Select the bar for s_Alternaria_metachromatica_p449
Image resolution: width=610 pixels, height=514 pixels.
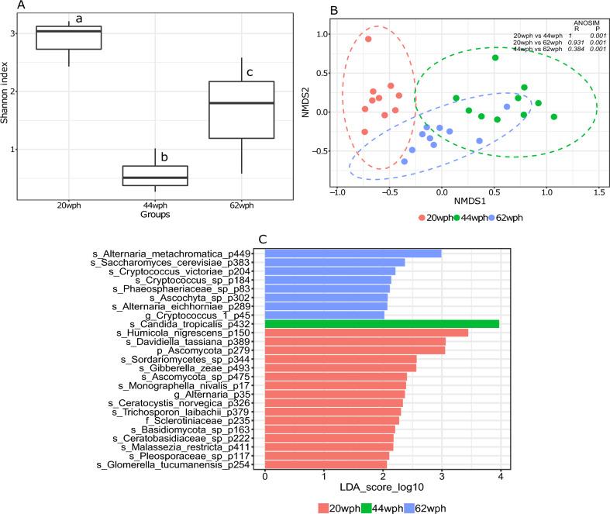(353, 253)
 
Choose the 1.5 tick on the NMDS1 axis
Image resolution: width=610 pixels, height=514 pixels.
(599, 191)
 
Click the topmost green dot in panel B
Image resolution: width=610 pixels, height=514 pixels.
(495, 57)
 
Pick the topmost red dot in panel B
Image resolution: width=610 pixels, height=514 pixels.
(368, 39)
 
